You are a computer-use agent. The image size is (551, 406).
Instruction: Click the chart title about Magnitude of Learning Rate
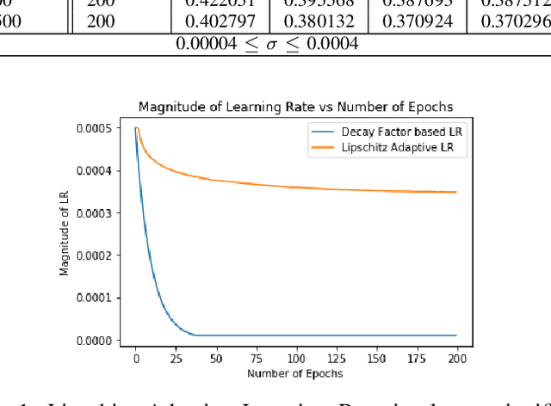tap(295, 107)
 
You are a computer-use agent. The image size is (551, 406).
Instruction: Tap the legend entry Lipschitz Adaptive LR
tap(389, 147)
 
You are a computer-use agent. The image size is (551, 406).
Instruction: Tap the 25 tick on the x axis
tap(176, 358)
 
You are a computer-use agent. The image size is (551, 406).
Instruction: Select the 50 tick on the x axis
tap(216, 358)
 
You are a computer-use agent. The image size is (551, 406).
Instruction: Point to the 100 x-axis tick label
tap(296, 358)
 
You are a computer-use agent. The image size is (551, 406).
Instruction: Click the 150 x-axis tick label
tap(376, 358)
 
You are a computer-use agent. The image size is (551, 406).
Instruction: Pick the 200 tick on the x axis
tap(456, 358)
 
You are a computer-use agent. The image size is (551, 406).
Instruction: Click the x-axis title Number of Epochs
tap(295, 373)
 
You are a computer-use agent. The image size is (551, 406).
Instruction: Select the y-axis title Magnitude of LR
tap(65, 235)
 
